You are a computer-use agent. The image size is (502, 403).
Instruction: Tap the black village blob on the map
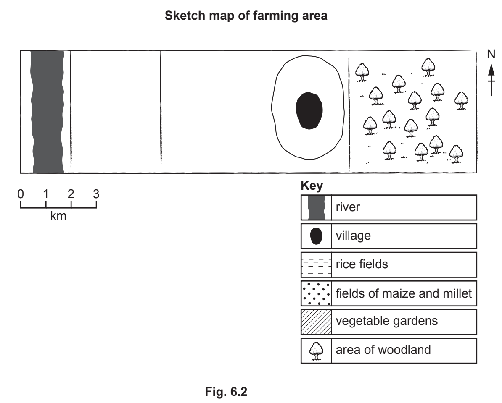click(309, 110)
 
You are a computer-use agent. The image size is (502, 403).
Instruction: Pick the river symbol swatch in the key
click(316, 207)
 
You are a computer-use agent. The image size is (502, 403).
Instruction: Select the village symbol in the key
click(316, 236)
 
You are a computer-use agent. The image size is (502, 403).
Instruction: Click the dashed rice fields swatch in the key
click(316, 264)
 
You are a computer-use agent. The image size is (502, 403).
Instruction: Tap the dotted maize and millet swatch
click(316, 293)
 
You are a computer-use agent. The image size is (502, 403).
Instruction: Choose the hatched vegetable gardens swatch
click(316, 322)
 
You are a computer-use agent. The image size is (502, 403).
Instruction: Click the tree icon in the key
click(316, 350)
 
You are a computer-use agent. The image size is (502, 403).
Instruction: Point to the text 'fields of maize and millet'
click(404, 293)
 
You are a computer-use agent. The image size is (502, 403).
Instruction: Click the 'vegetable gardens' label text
click(387, 322)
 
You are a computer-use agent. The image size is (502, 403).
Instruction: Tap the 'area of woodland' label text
click(383, 350)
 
